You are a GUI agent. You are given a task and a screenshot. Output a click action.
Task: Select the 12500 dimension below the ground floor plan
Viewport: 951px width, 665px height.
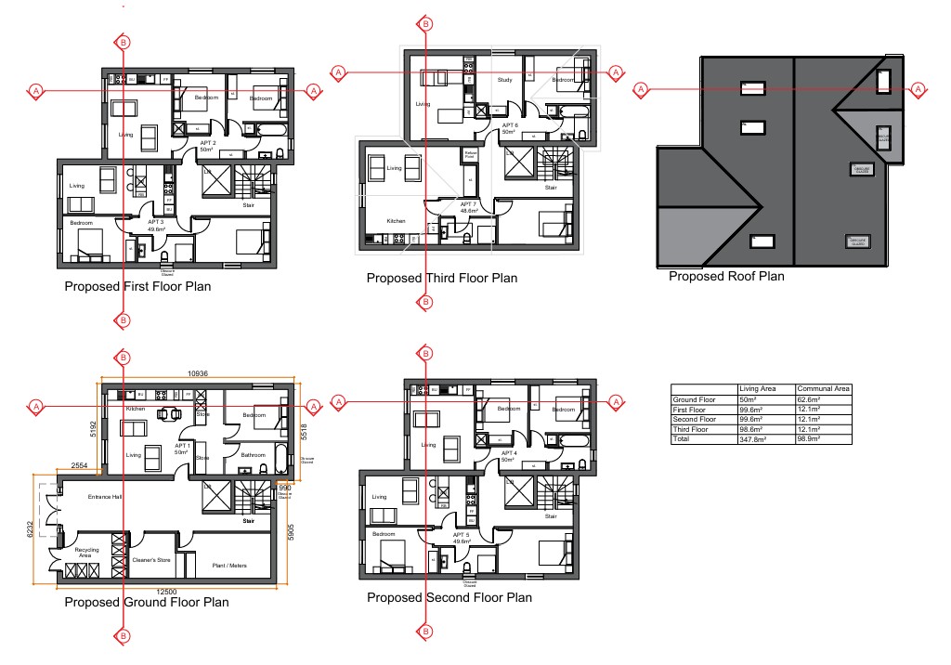(x=166, y=593)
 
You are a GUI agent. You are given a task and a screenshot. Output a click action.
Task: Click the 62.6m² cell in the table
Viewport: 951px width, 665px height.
(x=810, y=399)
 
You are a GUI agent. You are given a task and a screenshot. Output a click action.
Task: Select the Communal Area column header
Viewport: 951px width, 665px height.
(x=821, y=389)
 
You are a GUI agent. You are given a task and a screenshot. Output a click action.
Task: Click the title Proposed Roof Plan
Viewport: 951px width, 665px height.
(x=726, y=276)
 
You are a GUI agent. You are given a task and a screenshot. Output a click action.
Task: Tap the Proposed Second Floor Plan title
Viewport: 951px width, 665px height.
(x=449, y=597)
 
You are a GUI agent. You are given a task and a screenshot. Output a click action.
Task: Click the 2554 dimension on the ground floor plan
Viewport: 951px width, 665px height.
(x=79, y=465)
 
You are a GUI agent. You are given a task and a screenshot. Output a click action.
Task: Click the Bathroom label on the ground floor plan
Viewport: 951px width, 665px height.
(x=254, y=455)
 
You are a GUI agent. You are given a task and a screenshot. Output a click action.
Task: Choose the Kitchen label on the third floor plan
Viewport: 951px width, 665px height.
(x=397, y=222)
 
